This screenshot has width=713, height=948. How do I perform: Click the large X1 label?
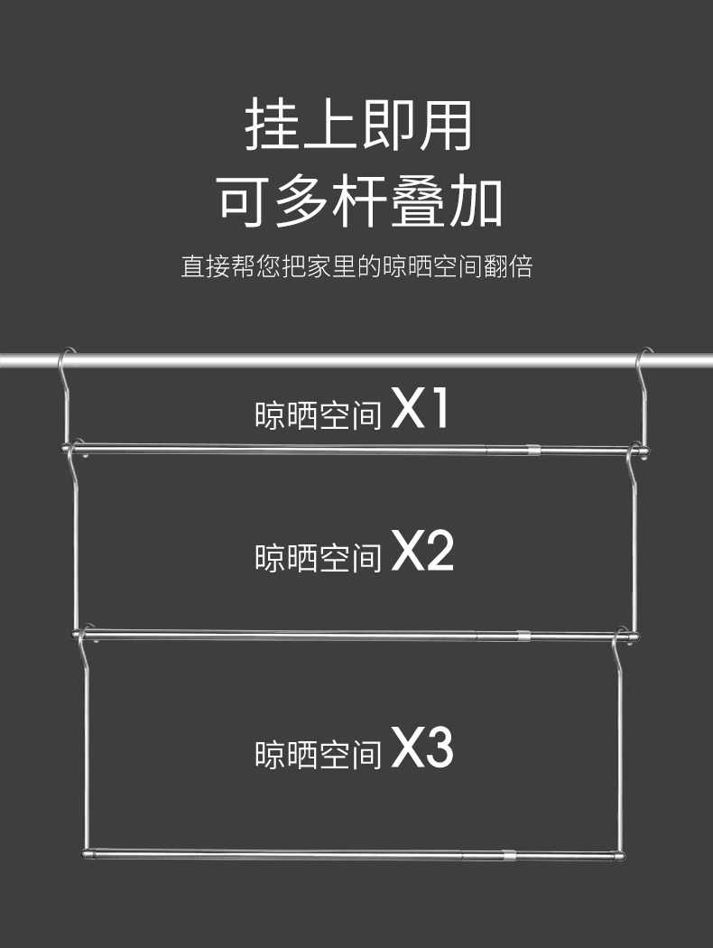421,410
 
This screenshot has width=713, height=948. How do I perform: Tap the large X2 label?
422,553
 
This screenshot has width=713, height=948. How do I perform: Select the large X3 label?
422,749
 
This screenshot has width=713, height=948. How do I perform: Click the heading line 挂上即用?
358,126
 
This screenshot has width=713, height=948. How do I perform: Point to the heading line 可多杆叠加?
358,201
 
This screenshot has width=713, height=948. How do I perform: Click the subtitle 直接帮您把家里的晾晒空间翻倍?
356,267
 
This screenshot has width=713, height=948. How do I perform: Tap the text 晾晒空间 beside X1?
319,415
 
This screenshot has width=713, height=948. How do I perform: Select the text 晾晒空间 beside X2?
319,558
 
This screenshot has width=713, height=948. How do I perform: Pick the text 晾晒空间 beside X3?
319,754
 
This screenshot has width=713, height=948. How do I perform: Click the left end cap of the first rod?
64,448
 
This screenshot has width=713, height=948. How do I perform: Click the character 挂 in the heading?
271,126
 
